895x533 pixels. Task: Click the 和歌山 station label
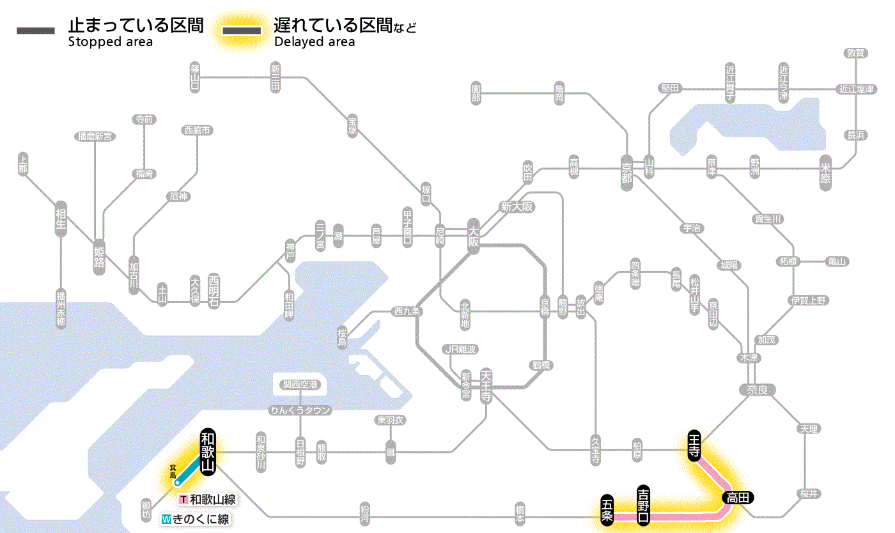[x=208, y=451]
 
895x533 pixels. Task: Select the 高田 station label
[x=738, y=497]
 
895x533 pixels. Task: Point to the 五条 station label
[x=607, y=509]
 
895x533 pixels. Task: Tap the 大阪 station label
[x=473, y=235]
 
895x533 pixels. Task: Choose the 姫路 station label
[x=99, y=257]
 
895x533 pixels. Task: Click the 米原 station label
[x=827, y=173]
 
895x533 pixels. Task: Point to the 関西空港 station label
[x=300, y=385]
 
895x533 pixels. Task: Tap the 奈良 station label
[x=757, y=389]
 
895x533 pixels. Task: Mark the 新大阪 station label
[x=517, y=206]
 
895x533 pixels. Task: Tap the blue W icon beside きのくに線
[x=166, y=519]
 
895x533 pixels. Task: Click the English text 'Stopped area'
[x=110, y=42]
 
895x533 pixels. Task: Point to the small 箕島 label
[x=173, y=472]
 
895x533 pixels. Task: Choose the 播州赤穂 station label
[x=61, y=309]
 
